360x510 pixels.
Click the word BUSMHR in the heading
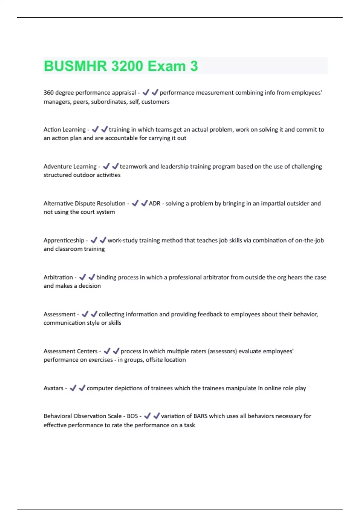pyautogui.click(x=75, y=66)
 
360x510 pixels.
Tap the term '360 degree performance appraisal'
pyautogui.click(x=90, y=93)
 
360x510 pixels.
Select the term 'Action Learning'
pyautogui.click(x=64, y=130)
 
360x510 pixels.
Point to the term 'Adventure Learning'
pyautogui.click(x=70, y=166)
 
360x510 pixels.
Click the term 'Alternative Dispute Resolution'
pyautogui.click(x=84, y=203)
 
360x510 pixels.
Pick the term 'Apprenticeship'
pyautogui.click(x=64, y=240)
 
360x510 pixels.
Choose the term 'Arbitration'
pyautogui.click(x=58, y=277)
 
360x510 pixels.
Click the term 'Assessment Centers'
pyautogui.click(x=70, y=351)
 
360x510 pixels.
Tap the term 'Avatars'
pyautogui.click(x=53, y=388)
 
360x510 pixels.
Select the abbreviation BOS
pyautogui.click(x=132, y=416)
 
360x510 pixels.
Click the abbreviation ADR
pyautogui.click(x=154, y=203)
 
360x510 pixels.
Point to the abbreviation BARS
pyautogui.click(x=200, y=416)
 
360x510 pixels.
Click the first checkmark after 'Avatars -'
pyautogui.click(x=73, y=388)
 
